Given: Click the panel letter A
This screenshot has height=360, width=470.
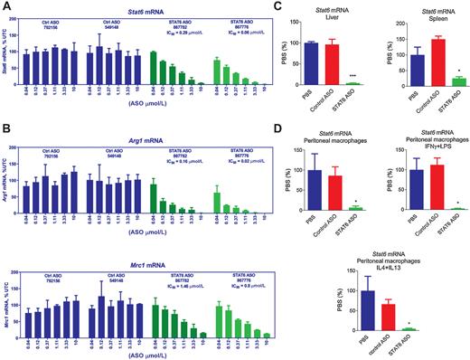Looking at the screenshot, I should [x=5, y=6].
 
